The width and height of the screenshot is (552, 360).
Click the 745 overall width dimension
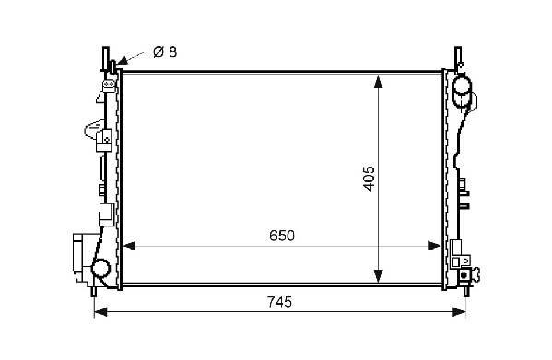[279, 302]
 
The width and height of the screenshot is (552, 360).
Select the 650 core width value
[282, 236]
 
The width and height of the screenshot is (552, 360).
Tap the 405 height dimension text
[369, 179]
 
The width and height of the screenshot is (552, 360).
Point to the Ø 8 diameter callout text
[165, 52]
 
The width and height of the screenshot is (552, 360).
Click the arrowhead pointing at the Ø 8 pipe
[122, 63]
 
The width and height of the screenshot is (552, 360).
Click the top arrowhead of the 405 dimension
[378, 82]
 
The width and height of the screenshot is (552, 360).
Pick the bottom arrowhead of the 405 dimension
[378, 275]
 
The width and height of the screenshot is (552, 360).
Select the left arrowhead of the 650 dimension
[129, 246]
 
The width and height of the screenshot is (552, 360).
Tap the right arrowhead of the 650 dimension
[434, 246]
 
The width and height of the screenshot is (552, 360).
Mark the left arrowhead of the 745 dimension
[100, 312]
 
